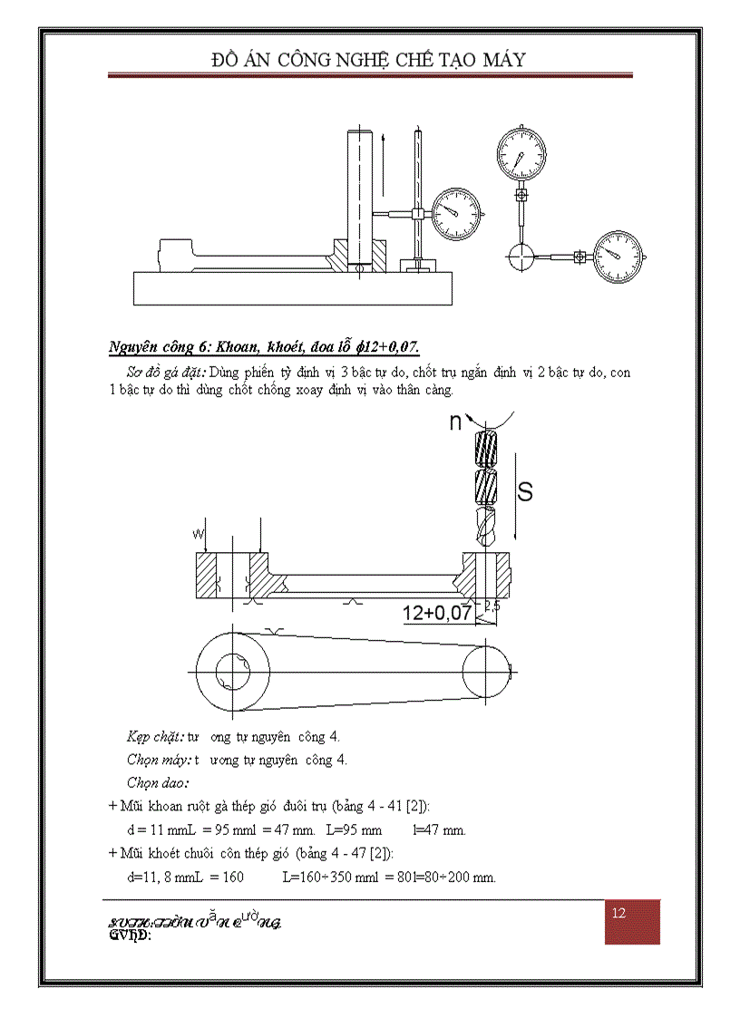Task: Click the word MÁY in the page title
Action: tap(496, 60)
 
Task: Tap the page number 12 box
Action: tap(619, 914)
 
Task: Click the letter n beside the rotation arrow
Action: tap(456, 422)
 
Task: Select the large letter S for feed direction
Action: tap(524, 492)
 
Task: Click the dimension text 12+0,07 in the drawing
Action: tap(437, 614)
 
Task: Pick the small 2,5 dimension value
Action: tap(492, 606)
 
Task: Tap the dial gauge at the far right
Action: tap(617, 257)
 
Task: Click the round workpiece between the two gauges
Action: tap(521, 257)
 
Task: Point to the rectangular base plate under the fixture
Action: tap(292, 288)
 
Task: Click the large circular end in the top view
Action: tap(233, 672)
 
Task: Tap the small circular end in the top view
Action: tap(487, 672)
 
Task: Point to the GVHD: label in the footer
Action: tap(130, 936)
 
